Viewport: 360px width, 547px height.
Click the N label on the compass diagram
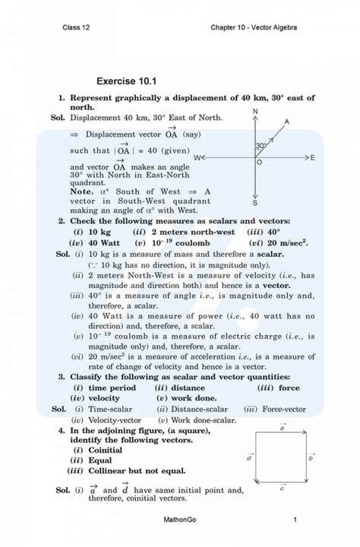click(255, 112)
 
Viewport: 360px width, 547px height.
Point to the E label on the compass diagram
click(312, 157)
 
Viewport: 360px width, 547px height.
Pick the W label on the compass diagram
click(197, 157)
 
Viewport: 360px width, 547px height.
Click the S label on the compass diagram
click(255, 203)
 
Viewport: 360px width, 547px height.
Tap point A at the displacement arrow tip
click(286, 122)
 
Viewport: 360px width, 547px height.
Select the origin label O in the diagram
click(259, 163)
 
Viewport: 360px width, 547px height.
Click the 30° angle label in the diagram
click(261, 145)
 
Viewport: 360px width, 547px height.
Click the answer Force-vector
click(276, 409)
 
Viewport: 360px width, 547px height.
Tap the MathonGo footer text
click(180, 520)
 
